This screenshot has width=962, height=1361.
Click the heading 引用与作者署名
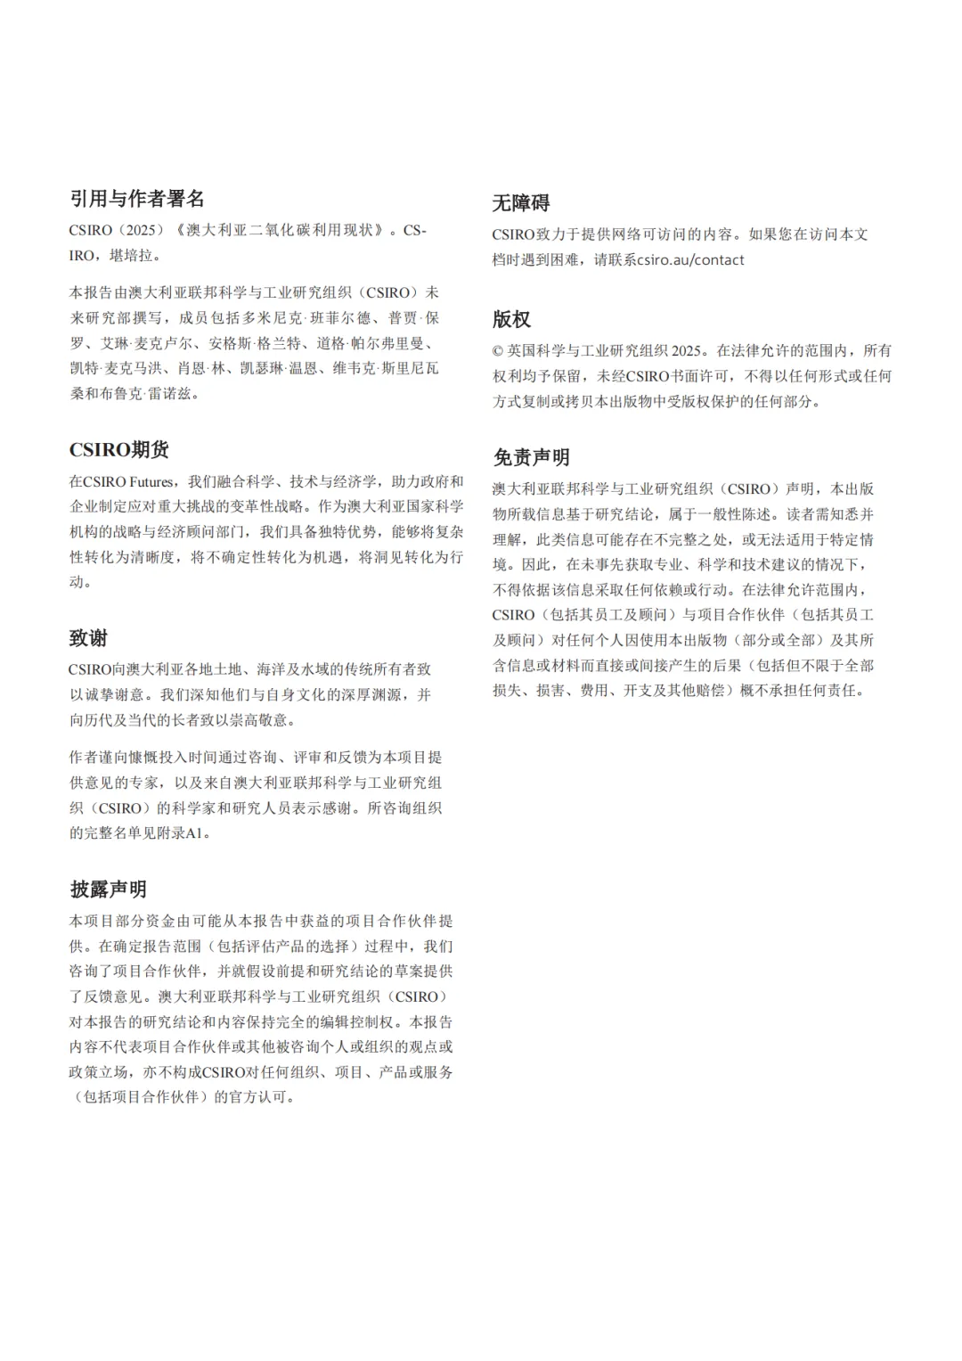[137, 198]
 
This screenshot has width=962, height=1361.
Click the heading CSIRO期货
[119, 449]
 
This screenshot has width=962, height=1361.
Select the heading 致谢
[88, 638]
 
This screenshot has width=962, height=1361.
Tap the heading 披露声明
[108, 890]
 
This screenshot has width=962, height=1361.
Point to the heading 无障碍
[521, 203]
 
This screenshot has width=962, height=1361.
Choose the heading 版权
[511, 319]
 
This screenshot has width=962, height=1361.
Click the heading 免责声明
[531, 458]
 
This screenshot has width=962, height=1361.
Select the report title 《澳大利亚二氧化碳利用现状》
[281, 230]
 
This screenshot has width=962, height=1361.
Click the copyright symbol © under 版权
[498, 351]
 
